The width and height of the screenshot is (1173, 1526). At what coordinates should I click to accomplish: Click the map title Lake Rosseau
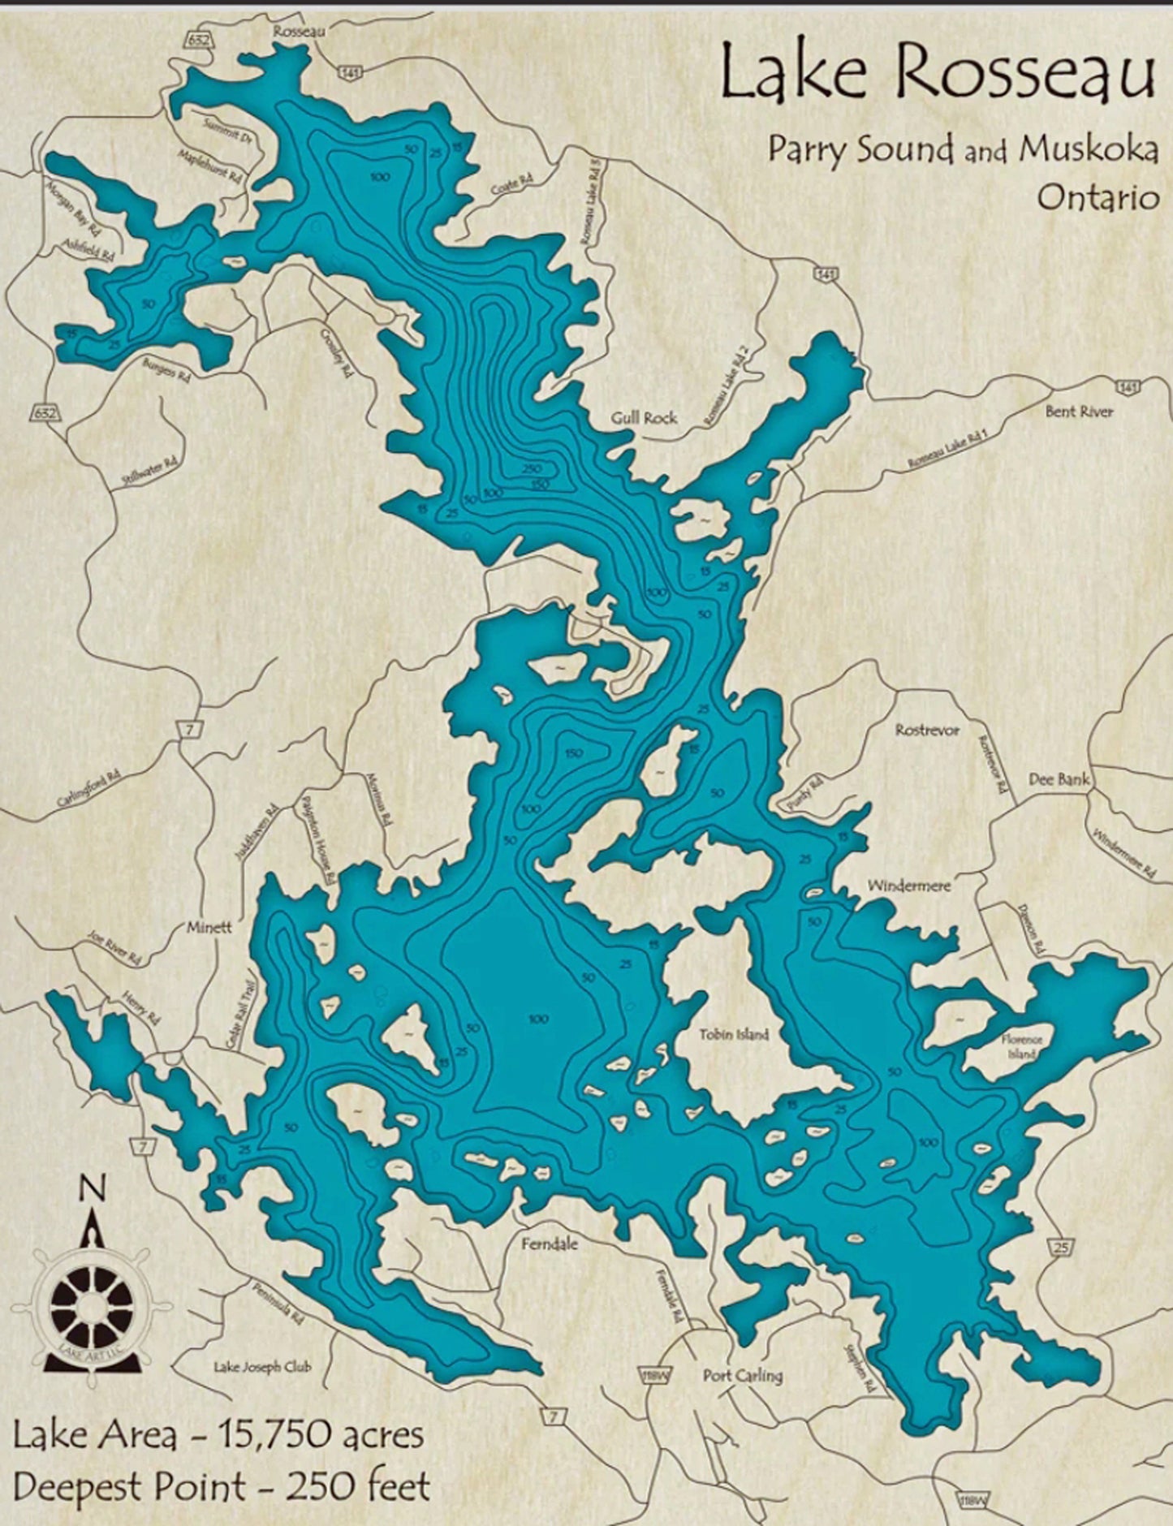point(938,72)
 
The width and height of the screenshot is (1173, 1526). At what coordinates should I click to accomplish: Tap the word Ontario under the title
point(1098,197)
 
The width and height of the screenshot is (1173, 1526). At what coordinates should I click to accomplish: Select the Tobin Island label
point(734,1034)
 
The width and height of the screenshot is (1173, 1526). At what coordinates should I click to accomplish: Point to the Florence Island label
point(1021,1046)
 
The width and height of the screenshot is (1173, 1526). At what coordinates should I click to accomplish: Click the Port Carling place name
point(742,1375)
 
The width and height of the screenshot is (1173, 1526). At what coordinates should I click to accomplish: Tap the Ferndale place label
point(550,1243)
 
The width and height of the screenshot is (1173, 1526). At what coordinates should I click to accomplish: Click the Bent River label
point(1079,411)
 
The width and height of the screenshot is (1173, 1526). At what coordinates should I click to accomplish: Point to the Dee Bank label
point(1059,778)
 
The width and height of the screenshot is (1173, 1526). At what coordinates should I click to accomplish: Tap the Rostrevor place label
point(927,730)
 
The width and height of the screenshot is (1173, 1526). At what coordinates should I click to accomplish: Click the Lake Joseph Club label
point(262,1366)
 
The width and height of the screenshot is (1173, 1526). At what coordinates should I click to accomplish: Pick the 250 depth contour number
point(533,469)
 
